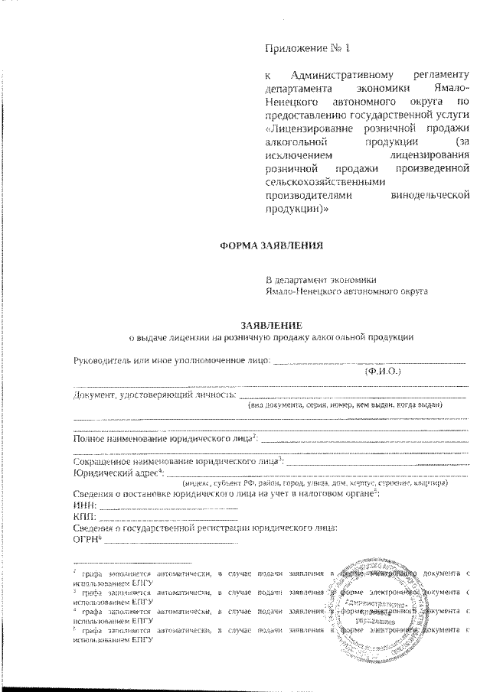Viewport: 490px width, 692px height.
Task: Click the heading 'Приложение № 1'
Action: pyautogui.click(x=306, y=50)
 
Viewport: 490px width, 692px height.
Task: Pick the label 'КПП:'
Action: pyautogui.click(x=86, y=518)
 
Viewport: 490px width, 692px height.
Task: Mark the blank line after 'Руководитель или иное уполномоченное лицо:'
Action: pyautogui.click(x=369, y=362)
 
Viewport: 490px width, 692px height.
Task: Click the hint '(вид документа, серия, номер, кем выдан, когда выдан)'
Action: pyautogui.click(x=345, y=406)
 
